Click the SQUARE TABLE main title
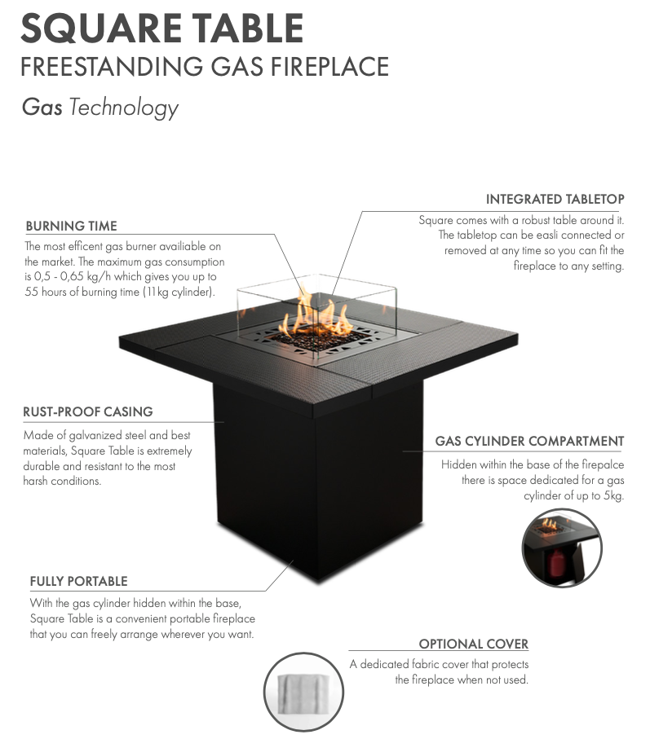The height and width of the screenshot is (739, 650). coord(161,29)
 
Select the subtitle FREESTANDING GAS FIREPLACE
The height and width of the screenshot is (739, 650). coord(205,67)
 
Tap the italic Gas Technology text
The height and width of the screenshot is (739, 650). coord(100,108)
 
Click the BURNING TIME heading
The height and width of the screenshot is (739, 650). coord(71,227)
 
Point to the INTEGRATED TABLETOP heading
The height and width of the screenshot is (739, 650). coord(555,200)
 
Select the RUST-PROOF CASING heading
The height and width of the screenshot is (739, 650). coord(88,412)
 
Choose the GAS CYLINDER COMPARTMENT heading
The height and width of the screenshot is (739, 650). coord(529,441)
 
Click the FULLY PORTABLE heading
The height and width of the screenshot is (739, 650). coord(79,582)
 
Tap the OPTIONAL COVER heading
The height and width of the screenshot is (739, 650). coord(474,644)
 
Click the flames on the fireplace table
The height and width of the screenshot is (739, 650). coord(315,315)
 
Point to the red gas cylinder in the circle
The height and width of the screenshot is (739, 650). coord(555,565)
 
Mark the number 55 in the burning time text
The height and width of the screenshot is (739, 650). coord(31,293)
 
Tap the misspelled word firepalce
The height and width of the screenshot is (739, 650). coord(603,464)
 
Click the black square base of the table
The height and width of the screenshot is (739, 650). coord(318,481)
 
